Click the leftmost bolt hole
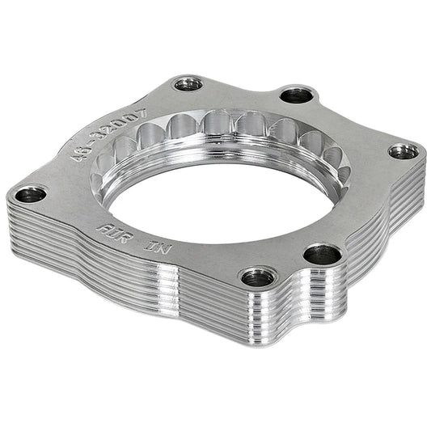tap(31, 194)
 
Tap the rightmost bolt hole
tap(403, 151)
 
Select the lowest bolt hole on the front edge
tap(258, 277)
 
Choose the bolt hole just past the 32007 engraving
tap(188, 83)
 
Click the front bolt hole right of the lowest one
tap(322, 255)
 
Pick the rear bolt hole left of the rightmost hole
tap(296, 95)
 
